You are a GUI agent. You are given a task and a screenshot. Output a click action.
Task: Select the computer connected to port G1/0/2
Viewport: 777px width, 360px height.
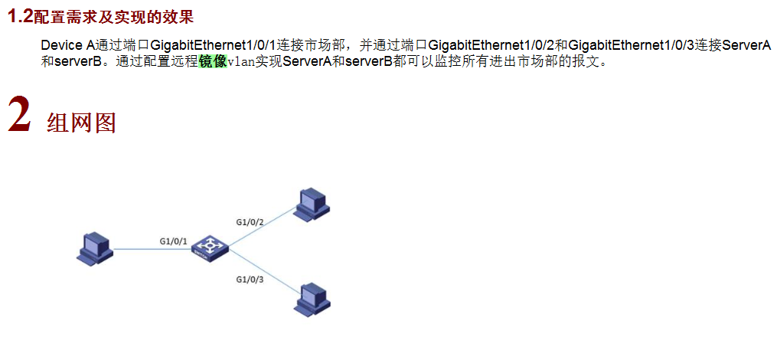pyautogui.click(x=312, y=202)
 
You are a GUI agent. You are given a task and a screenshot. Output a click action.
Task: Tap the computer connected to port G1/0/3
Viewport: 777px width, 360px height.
pyautogui.click(x=312, y=297)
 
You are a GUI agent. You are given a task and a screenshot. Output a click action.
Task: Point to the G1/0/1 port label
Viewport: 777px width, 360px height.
pyautogui.click(x=174, y=241)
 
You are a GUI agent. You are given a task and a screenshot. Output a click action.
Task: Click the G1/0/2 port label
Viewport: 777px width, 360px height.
pyautogui.click(x=250, y=222)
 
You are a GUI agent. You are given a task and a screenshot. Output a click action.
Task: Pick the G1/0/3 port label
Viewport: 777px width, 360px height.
pyautogui.click(x=250, y=279)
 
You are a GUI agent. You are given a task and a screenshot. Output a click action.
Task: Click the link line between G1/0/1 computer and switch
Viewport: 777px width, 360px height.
pyautogui.click(x=145, y=248)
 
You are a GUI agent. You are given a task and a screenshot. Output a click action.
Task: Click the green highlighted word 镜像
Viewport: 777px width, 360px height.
pyautogui.click(x=213, y=62)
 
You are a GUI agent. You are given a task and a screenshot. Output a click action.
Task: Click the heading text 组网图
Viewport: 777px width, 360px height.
pyautogui.click(x=81, y=123)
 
